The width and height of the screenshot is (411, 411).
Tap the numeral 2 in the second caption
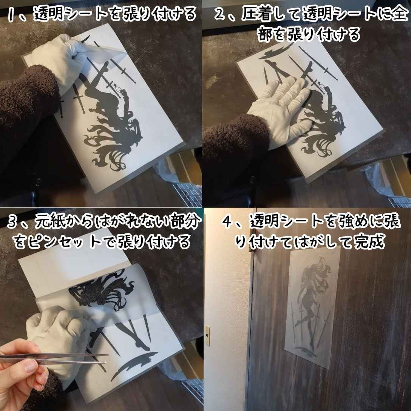tap(220, 15)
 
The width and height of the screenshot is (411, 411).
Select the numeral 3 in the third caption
tap(14, 223)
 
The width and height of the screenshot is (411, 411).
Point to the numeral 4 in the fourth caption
tap(227, 223)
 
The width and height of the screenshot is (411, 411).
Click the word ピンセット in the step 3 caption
tap(62, 242)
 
